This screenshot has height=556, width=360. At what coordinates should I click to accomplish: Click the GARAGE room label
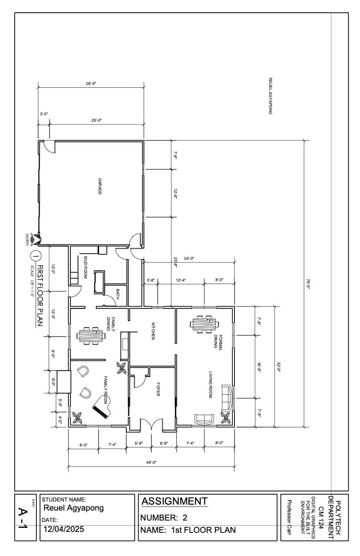coord(100,187)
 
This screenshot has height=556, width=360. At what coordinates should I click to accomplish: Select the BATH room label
coord(117,293)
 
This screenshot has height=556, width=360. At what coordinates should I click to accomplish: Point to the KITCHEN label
coord(153,331)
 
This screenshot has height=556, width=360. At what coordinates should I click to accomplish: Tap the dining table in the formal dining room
coord(205,324)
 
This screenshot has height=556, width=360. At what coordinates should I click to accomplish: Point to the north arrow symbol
coord(36,237)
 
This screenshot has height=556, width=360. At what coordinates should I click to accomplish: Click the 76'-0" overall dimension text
coord(308,284)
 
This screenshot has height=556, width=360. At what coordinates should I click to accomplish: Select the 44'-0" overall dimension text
coord(151,462)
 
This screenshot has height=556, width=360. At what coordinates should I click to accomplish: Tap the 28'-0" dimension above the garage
coord(91,84)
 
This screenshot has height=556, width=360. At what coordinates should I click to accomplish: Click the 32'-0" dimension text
coord(278,367)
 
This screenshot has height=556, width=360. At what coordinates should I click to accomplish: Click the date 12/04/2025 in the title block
coord(64,529)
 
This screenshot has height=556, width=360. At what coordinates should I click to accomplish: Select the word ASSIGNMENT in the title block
coord(175,501)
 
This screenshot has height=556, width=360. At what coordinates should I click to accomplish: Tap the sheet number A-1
coord(23,518)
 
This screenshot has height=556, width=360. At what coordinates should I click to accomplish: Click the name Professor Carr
coord(289,517)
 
